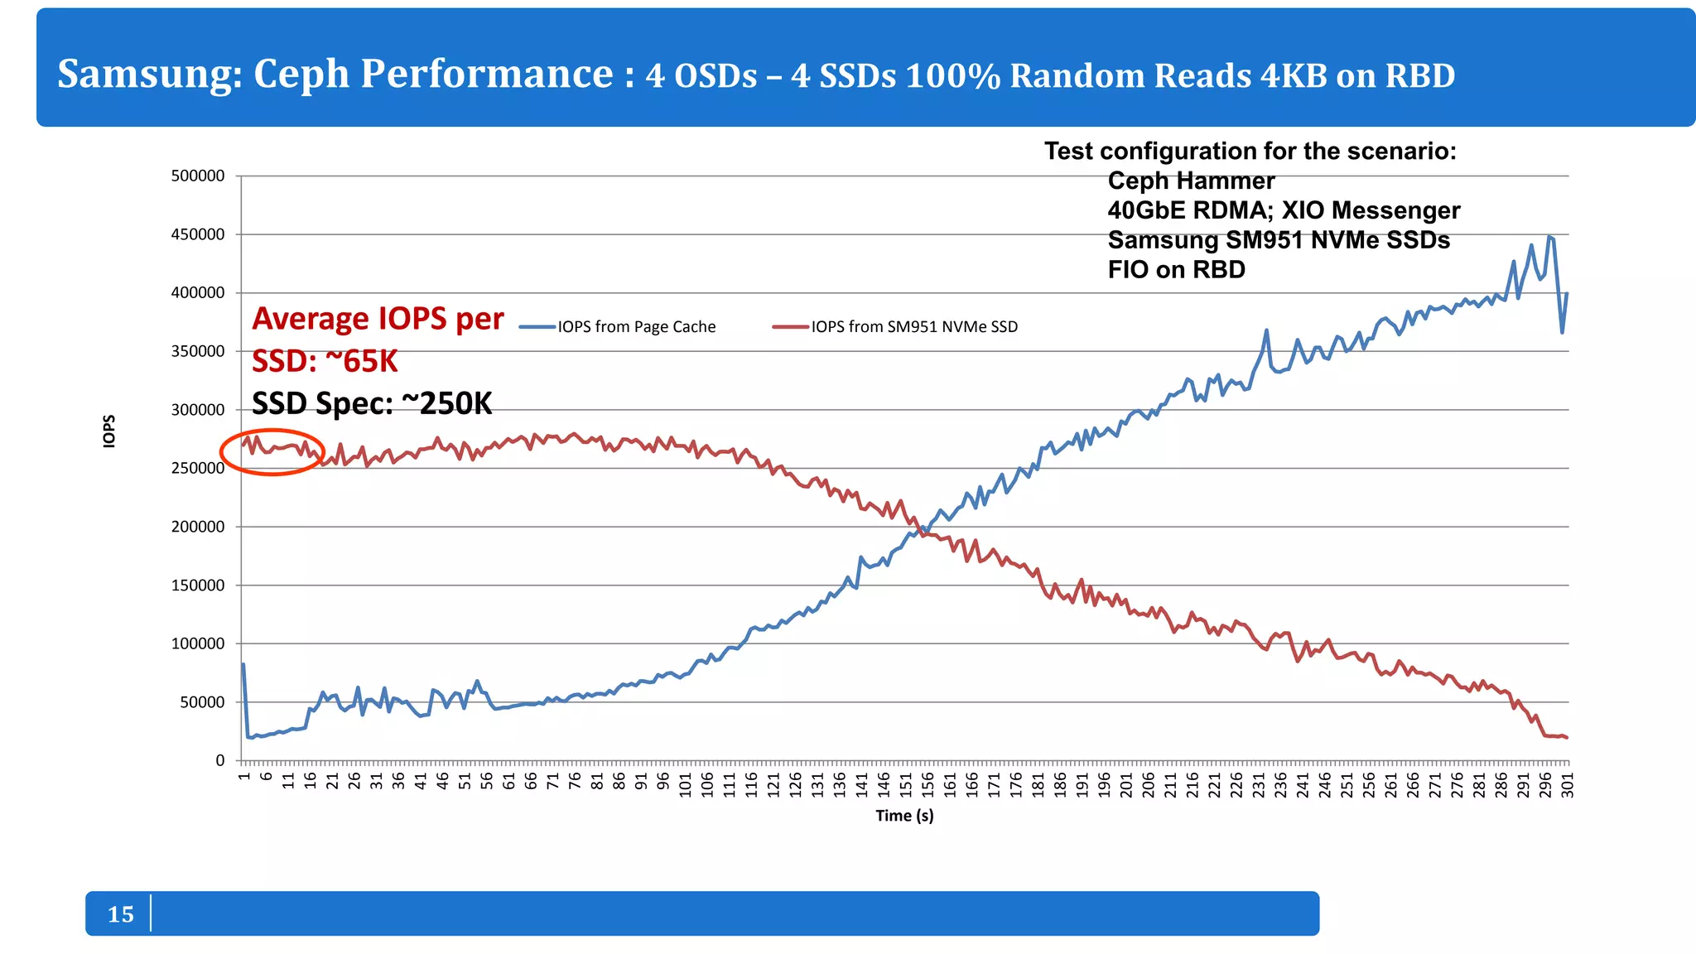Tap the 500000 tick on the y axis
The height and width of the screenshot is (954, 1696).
coord(198,176)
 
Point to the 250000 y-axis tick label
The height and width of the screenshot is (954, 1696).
coord(198,468)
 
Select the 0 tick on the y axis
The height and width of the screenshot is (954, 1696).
coord(219,760)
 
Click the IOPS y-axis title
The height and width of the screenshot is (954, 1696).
coord(109,431)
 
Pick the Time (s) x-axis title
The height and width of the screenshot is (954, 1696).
coord(904,816)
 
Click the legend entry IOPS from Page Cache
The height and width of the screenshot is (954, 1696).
coord(636,327)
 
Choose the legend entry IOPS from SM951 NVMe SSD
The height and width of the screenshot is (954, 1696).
coord(913,327)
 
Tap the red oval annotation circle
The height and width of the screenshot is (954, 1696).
coord(272,452)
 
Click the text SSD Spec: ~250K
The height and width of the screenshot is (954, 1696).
coord(372,404)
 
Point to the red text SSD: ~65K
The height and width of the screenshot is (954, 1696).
coord(325,361)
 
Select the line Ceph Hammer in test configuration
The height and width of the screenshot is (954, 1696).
coord(1191,181)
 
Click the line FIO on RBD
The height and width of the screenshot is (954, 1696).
coord(1176,270)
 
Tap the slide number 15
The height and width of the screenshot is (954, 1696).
coord(121,914)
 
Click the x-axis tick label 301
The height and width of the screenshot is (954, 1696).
coord(1568,785)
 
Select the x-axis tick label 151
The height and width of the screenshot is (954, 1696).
coord(906,785)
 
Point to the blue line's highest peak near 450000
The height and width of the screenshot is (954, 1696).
coord(1549,237)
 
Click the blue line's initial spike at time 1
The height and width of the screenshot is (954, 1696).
coord(243,664)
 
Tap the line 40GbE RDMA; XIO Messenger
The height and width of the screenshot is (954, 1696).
coord(1284,210)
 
